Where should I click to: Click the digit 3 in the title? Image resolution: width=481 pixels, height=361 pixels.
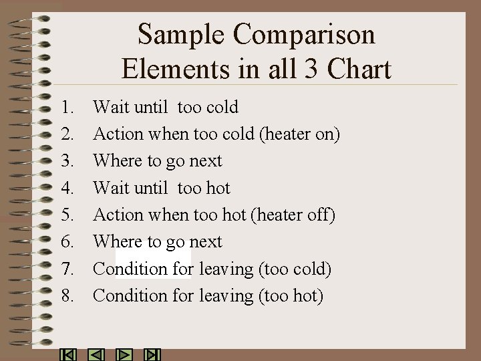point(307,69)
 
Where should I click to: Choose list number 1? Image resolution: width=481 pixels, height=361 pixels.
point(67,107)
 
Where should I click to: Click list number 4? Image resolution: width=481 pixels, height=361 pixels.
point(67,188)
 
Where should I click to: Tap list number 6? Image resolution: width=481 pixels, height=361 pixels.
point(67,241)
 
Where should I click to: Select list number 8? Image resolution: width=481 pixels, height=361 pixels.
point(67,295)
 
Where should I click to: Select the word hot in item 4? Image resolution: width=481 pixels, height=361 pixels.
point(218,188)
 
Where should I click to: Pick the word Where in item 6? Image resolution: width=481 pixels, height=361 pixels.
point(118,241)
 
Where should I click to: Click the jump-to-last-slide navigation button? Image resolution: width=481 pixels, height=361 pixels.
point(152,355)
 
